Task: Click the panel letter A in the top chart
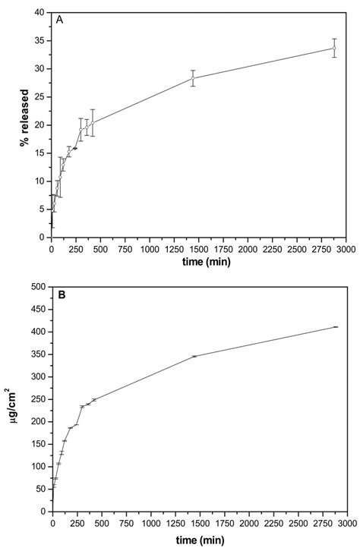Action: click(x=59, y=20)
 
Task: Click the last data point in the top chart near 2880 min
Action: click(x=334, y=48)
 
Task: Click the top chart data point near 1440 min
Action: click(x=193, y=78)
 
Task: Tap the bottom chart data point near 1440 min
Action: click(x=194, y=356)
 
